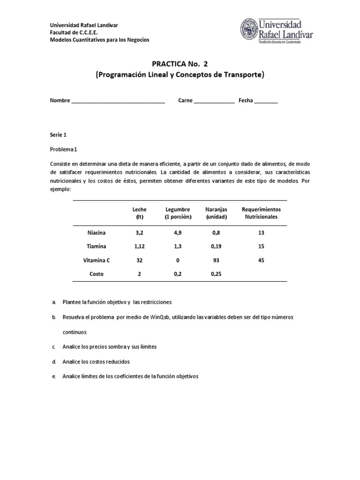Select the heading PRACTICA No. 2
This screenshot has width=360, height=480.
coord(180,64)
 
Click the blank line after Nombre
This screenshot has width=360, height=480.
coord(118,101)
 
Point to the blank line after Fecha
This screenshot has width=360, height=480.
coord(266,101)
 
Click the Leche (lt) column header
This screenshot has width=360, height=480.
coord(139,213)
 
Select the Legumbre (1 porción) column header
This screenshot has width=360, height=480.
coord(178,213)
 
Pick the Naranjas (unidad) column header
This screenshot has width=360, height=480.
coord(216,213)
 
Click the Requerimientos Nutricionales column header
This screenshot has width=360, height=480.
coord(261,213)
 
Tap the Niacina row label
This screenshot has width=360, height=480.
coord(97,232)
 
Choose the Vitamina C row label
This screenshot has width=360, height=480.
coord(97,260)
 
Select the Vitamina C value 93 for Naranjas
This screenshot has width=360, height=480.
coord(216,260)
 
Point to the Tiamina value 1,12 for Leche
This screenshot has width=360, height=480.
coord(139,246)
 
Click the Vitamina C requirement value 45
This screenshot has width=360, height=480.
coord(261,260)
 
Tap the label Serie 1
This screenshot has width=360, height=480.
coord(59,135)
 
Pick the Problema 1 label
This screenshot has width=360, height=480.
coord(66,149)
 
